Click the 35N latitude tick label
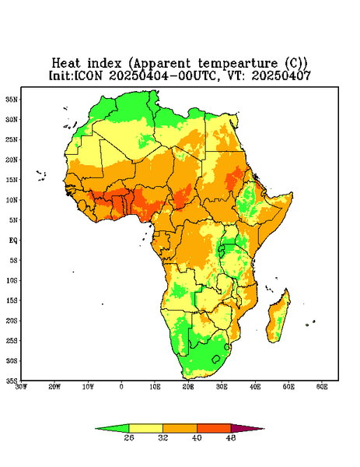pos(12,99)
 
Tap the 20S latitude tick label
pos(12,321)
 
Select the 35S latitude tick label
pos(12,381)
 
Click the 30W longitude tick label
pos(21,387)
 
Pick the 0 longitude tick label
pos(121,387)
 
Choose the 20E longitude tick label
pos(188,387)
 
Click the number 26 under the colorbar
pos(129,437)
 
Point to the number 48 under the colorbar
pos(231,437)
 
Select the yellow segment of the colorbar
pos(145,428)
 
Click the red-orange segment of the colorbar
pos(214,428)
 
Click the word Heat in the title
pos(66,64)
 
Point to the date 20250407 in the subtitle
pos(281,75)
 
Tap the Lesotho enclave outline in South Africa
pos(216,359)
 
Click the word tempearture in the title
pos(238,64)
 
